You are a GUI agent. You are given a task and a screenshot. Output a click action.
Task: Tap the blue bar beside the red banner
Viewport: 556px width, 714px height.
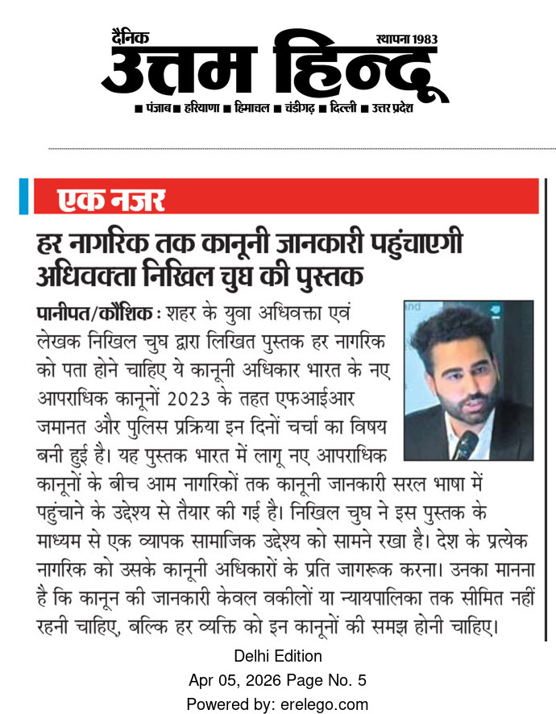pos(23,197)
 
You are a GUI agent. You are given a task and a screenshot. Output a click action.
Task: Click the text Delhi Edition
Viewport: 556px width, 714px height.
pos(277,656)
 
